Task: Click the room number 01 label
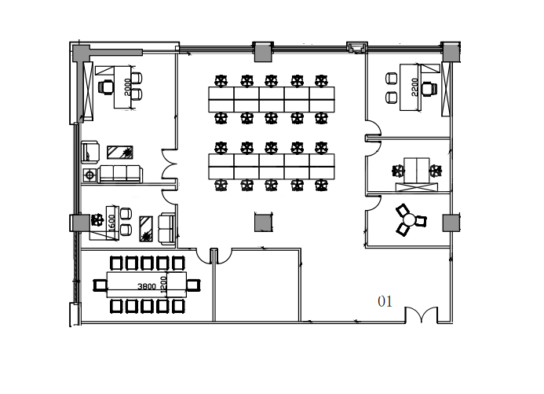pyautogui.click(x=385, y=301)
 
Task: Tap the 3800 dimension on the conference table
pyautogui.click(x=147, y=286)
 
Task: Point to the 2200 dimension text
pyautogui.click(x=414, y=87)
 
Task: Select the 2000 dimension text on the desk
pyautogui.click(x=127, y=87)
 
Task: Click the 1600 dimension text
pyautogui.click(x=111, y=223)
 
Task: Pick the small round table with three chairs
pyautogui.click(x=410, y=220)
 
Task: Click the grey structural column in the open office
pyautogui.click(x=263, y=223)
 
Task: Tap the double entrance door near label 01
pyautogui.click(x=422, y=315)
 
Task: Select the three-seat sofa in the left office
pyautogui.click(x=120, y=174)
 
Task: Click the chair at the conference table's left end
pyautogui.click(x=100, y=285)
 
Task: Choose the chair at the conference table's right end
pyautogui.click(x=193, y=285)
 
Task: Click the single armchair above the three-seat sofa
pyautogui.click(x=90, y=152)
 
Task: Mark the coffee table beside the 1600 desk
pyautogui.click(x=146, y=229)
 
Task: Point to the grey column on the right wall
pyautogui.click(x=451, y=223)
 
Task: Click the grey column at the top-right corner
pyautogui.click(x=451, y=53)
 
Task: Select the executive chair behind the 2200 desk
pyautogui.click(x=429, y=89)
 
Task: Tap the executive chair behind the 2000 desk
pyautogui.click(x=106, y=87)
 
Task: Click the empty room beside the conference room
pyautogui.click(x=257, y=285)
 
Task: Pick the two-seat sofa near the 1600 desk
pyautogui.click(x=166, y=228)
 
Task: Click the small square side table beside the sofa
pyautogui.click(x=90, y=175)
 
